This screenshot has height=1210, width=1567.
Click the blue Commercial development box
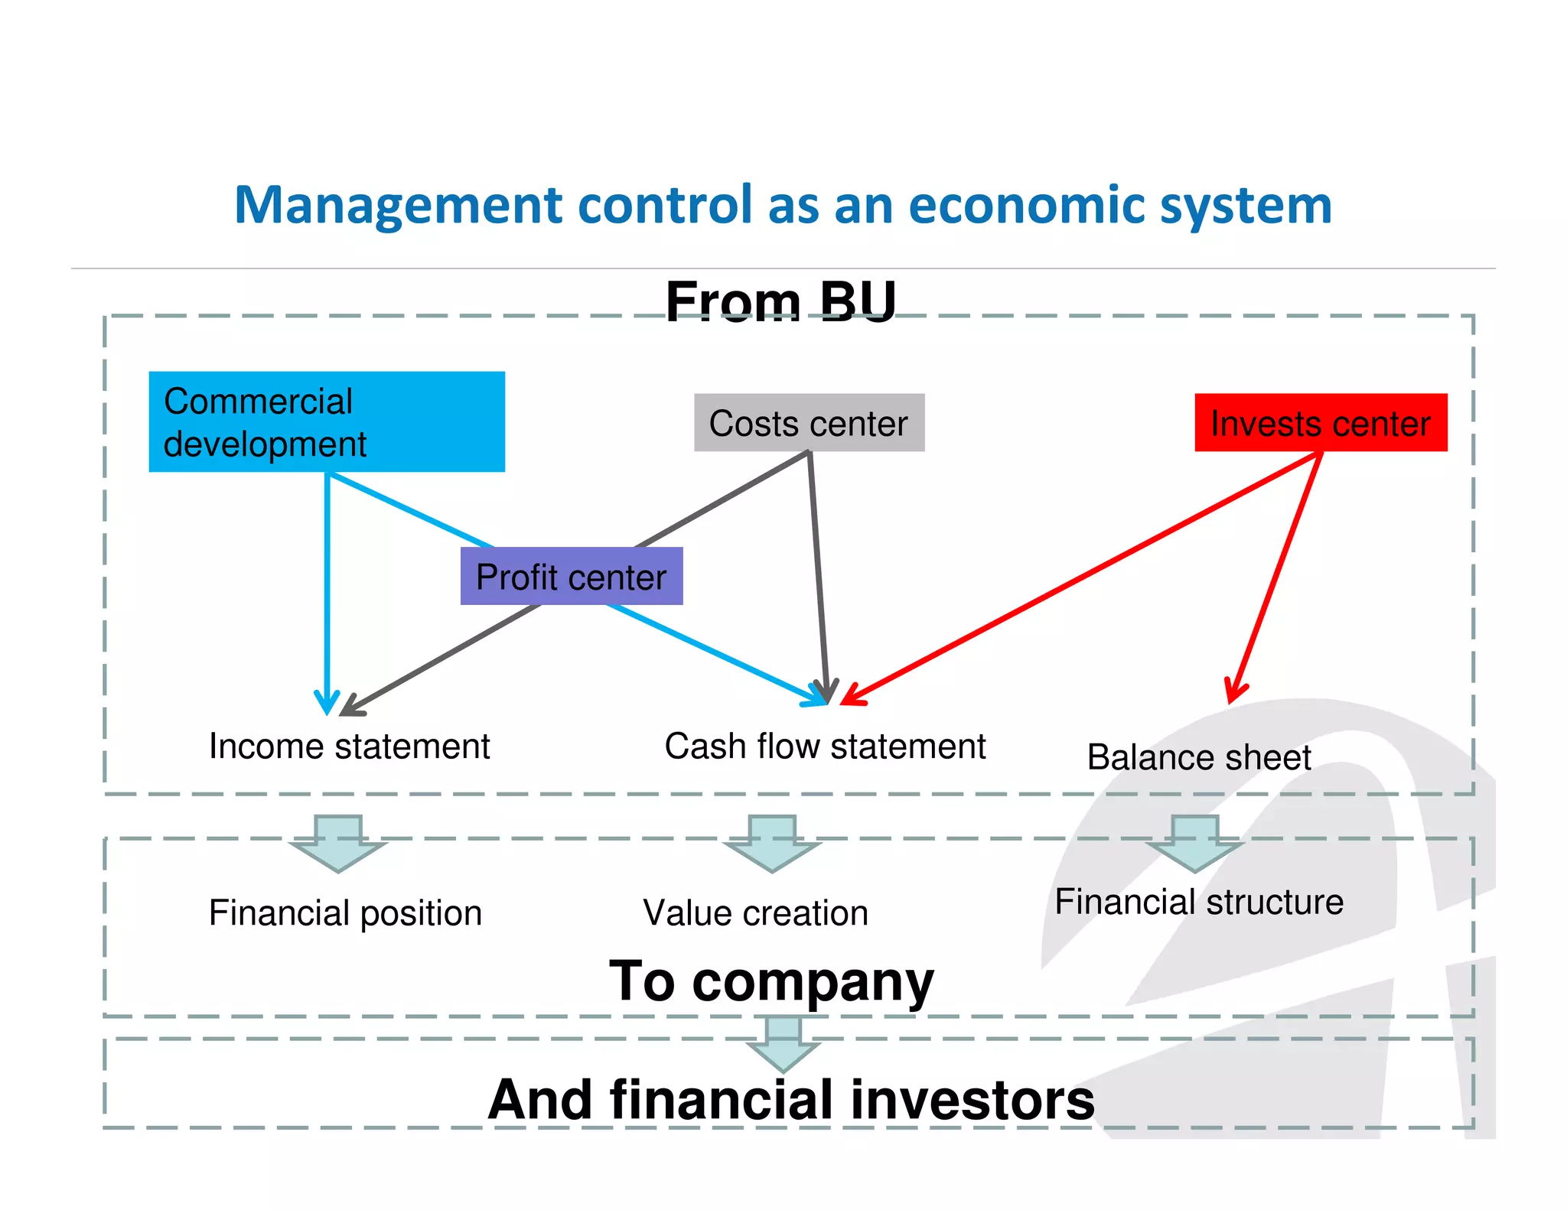tap(327, 421)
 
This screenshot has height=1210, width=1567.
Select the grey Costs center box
tap(809, 423)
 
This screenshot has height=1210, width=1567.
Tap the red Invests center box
tap(1321, 423)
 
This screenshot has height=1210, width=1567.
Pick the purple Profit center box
tap(572, 577)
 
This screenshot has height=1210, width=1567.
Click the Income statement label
tap(349, 746)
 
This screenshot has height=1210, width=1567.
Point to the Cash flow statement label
tap(825, 746)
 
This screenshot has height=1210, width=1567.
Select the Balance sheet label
tap(1199, 758)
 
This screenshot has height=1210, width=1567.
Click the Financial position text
tap(345, 913)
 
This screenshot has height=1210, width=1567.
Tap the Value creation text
tap(756, 913)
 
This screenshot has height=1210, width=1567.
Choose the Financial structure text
tap(1199, 902)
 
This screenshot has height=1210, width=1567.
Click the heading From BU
tap(780, 301)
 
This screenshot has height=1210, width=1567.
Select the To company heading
tap(771, 981)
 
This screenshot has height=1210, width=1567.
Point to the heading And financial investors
tap(791, 1100)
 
